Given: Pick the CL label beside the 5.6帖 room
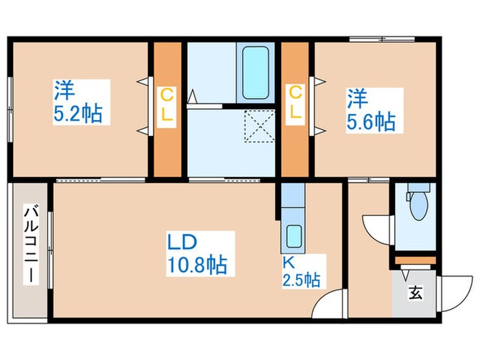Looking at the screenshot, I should [295, 103].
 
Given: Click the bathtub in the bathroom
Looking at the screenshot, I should [255, 71].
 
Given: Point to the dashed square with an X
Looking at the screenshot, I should [259, 127].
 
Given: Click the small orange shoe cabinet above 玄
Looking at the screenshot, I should [413, 260].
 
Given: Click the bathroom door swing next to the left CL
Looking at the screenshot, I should [194, 99].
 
